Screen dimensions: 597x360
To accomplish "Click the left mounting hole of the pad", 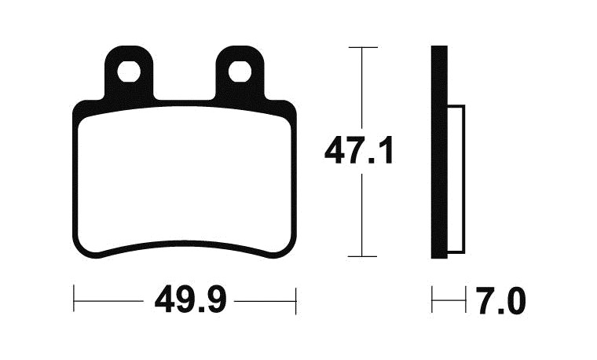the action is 129,72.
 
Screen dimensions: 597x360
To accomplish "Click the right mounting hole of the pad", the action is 240,72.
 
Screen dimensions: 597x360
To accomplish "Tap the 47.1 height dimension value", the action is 359,150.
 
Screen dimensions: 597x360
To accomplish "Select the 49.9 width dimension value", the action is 190,300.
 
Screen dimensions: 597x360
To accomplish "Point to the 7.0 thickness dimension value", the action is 501,301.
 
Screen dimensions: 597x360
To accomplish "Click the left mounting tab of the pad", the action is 129,72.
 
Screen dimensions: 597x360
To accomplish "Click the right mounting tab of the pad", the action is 240,72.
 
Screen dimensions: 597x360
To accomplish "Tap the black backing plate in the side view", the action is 439,152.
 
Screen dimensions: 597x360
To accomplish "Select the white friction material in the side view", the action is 456,179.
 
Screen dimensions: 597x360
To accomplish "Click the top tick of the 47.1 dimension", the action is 363,47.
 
